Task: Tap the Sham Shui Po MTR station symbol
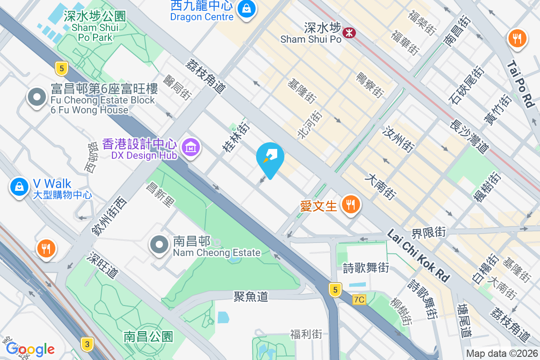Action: point(349,32)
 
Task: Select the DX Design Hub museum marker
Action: point(191,147)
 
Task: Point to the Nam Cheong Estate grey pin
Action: point(159,246)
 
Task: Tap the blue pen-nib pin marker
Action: point(270,158)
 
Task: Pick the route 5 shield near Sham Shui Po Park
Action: point(62,68)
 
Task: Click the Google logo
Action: point(30,349)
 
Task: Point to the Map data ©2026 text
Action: point(502,354)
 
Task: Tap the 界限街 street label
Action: point(428,233)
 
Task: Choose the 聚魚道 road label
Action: point(251,296)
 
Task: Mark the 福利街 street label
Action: point(306,334)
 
